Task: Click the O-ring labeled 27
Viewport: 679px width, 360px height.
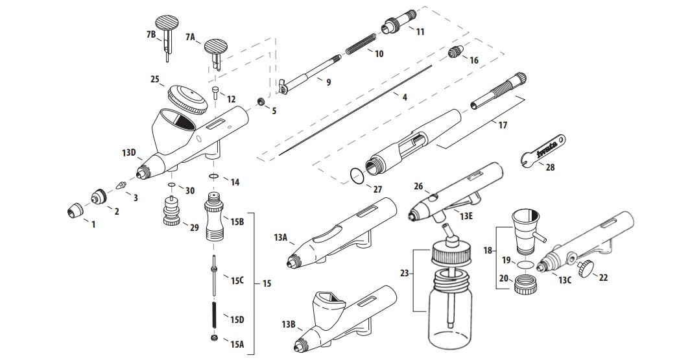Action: point(356,176)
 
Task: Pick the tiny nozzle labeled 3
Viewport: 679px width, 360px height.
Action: point(120,185)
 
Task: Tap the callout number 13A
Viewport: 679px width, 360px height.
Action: point(280,238)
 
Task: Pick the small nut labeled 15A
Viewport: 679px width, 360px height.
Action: point(215,339)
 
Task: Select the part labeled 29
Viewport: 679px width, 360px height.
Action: point(173,213)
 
